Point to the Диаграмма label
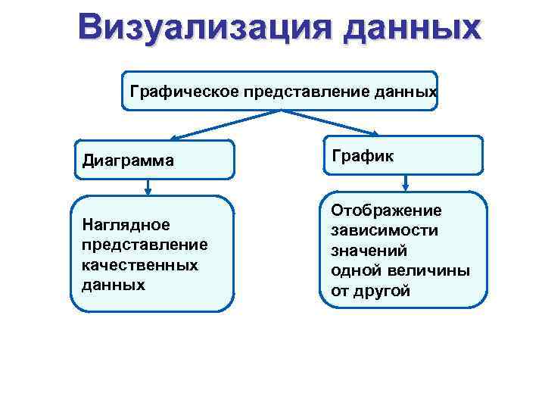129,160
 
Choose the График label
363,155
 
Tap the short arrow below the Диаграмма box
148,187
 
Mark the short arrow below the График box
407,183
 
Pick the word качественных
139,265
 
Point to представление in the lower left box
143,245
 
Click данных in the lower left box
112,286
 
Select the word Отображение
386,209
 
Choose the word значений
369,250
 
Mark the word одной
354,270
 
